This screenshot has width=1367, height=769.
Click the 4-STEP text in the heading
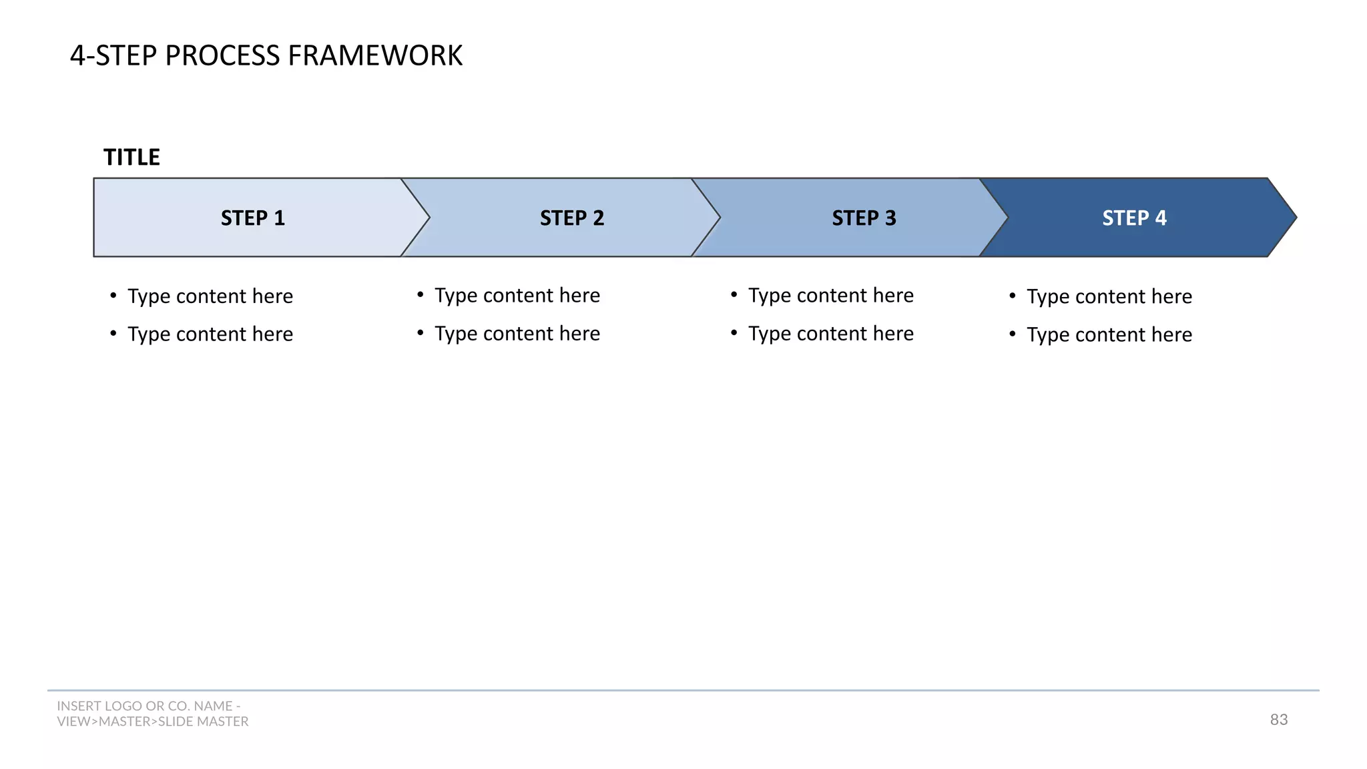114,55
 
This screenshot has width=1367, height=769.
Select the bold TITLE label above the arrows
131,158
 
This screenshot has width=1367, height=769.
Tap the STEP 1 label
252,218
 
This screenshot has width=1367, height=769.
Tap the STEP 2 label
571,218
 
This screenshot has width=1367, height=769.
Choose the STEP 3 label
864,218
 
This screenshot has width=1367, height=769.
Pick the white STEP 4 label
1134,218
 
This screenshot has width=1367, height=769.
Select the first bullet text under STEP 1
210,296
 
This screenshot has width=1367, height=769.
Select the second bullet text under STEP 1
210,334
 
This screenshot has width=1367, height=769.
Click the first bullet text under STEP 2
517,296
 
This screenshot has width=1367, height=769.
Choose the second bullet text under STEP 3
831,334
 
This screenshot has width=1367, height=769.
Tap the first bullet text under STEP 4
1109,296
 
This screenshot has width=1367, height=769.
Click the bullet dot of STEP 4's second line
1013,333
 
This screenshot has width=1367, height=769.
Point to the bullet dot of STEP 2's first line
421,294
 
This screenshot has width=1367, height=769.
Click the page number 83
1278,720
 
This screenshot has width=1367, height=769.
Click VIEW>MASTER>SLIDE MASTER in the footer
153,722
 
